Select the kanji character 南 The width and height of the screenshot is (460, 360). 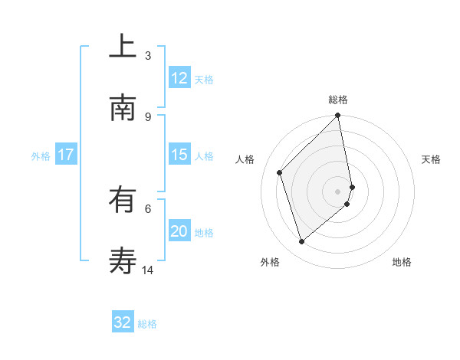(x=123, y=109)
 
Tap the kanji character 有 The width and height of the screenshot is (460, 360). (x=123, y=201)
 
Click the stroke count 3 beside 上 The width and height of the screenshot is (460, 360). (x=148, y=55)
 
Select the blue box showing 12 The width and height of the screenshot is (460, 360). (x=179, y=78)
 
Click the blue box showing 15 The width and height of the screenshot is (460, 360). (x=179, y=155)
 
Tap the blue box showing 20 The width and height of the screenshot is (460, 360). (x=179, y=231)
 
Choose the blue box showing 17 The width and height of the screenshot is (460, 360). (x=66, y=155)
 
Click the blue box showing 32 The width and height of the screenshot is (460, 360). (x=123, y=322)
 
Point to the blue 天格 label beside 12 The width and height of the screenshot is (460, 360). (x=204, y=79)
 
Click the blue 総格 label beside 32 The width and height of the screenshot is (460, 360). (x=147, y=323)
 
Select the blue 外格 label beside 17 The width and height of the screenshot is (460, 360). (x=41, y=155)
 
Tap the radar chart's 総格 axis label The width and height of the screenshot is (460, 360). (x=338, y=100)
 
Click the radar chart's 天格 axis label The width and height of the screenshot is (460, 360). (x=431, y=159)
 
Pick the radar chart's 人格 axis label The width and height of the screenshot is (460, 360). (x=245, y=159)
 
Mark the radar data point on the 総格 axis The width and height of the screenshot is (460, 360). (x=338, y=116)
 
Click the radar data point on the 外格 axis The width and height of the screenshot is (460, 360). (x=302, y=241)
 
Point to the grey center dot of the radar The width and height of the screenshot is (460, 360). (x=338, y=191)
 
